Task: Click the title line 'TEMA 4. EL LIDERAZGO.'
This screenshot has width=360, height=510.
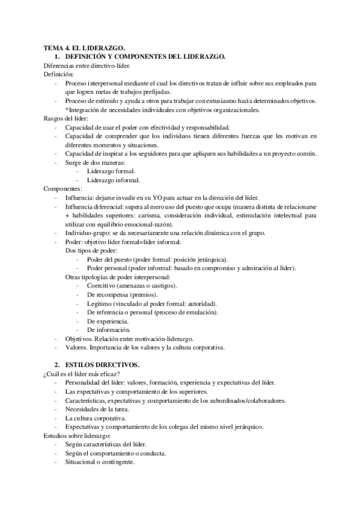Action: pyautogui.click(x=84, y=48)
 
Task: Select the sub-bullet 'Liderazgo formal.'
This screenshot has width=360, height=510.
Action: pyautogui.click(x=111, y=171)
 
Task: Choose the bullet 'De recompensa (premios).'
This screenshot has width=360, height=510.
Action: pyautogui.click(x=122, y=295)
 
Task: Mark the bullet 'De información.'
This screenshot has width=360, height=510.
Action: pyautogui.click(x=109, y=330)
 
